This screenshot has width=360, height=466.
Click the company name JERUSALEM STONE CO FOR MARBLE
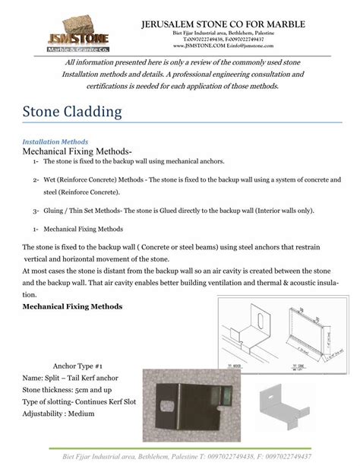click(x=223, y=24)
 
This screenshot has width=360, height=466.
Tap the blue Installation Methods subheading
click(x=55, y=142)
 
